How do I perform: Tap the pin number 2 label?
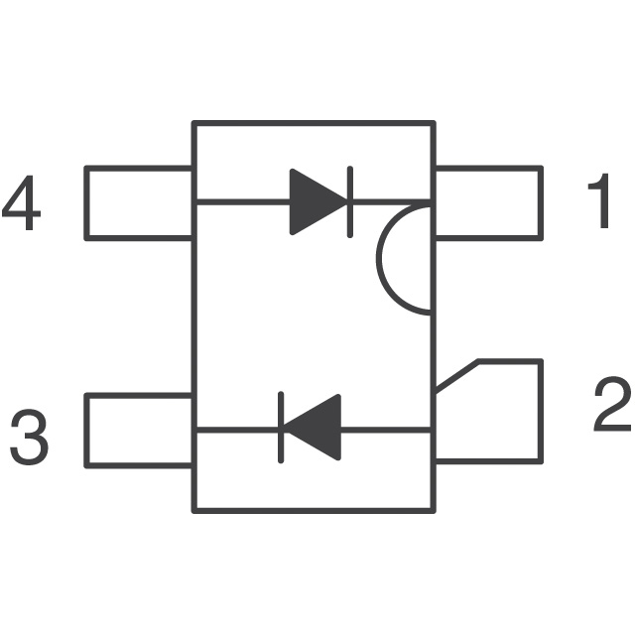point(610,407)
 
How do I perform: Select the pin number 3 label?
point(30,438)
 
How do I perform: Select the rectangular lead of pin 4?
point(139,202)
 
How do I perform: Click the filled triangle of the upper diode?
point(316,202)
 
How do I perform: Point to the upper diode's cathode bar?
point(350,202)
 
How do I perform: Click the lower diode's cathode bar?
point(282,430)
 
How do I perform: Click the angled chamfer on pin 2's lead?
point(456,377)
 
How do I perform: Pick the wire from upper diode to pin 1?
point(392,202)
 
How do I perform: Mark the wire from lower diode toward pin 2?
point(387,430)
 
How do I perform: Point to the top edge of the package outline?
point(314,123)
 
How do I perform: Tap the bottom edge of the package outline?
point(314,510)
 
